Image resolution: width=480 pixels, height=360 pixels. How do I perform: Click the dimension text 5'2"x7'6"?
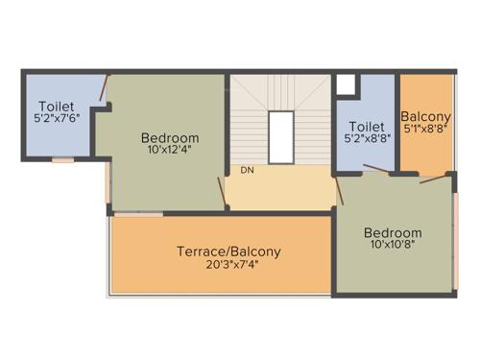(x=57, y=118)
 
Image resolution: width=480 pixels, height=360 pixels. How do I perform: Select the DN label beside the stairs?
(x=247, y=170)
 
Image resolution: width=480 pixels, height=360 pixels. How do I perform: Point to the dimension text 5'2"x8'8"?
(x=367, y=138)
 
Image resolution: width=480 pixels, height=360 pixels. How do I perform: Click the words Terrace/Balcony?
(x=228, y=252)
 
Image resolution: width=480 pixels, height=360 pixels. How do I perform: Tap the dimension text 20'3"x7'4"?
(x=228, y=264)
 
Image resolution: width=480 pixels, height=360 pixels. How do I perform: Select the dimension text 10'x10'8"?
(x=392, y=246)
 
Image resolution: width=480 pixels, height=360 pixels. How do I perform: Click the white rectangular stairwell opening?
(x=280, y=136)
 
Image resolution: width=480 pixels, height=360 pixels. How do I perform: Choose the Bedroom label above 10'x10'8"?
(x=392, y=233)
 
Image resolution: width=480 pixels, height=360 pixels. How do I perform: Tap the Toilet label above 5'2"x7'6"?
(x=57, y=106)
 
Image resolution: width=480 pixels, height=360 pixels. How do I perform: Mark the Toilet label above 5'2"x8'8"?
(x=367, y=126)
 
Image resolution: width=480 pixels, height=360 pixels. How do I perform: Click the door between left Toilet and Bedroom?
(x=104, y=88)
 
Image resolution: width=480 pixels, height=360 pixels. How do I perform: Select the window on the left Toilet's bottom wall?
(x=63, y=160)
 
